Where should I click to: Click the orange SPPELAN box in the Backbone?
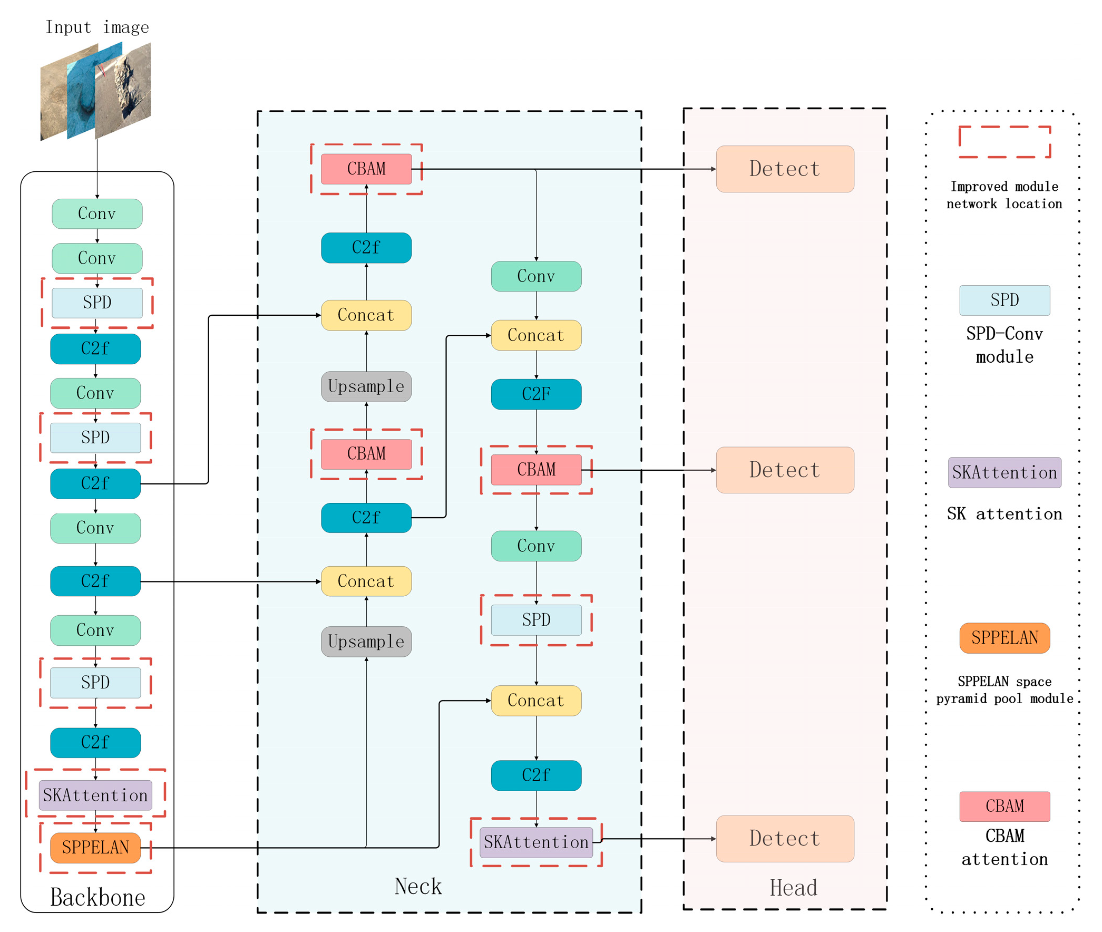(95, 848)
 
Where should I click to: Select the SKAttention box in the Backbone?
(95, 795)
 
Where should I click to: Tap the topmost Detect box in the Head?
(785, 169)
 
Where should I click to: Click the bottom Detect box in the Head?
(785, 839)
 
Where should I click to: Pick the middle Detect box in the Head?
(785, 470)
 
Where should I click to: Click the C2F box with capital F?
(536, 394)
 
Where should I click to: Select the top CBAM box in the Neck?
(366, 169)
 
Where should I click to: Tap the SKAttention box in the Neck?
(536, 842)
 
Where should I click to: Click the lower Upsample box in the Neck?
(366, 642)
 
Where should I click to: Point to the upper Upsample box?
(366, 386)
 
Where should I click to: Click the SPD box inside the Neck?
(536, 620)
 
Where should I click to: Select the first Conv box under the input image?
(97, 213)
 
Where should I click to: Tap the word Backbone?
(97, 897)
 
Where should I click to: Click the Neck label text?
(418, 886)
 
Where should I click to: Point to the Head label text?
(794, 888)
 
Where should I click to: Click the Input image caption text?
(97, 27)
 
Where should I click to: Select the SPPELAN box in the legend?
(1005, 638)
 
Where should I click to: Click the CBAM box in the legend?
(1005, 806)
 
